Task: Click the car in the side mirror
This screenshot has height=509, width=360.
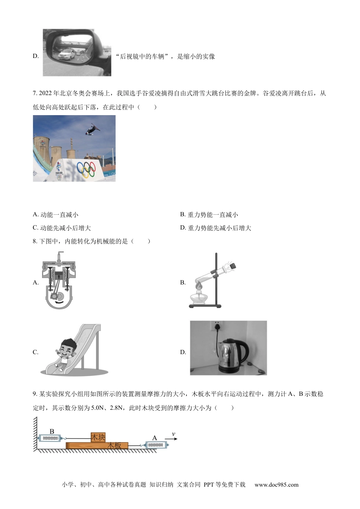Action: tap(67, 54)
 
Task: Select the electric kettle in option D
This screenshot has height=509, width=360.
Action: tap(229, 355)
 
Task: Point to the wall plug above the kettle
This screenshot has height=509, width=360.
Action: tap(217, 326)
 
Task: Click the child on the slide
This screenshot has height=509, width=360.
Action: tap(64, 352)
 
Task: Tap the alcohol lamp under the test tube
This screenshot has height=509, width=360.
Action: tap(200, 298)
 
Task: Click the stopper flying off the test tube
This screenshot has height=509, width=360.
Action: tap(233, 265)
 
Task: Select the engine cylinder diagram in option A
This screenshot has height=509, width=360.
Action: tap(59, 281)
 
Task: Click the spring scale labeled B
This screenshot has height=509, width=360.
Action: tap(50, 439)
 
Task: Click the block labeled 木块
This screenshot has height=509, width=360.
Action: tap(98, 437)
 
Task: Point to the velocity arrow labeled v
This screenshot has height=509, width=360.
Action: tap(172, 439)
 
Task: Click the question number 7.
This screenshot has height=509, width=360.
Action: tap(34, 94)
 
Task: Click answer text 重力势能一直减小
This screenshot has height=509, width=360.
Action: tap(213, 215)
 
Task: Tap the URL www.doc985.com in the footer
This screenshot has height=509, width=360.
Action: tap(276, 485)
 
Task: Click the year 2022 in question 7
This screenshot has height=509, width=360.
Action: tap(46, 94)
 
